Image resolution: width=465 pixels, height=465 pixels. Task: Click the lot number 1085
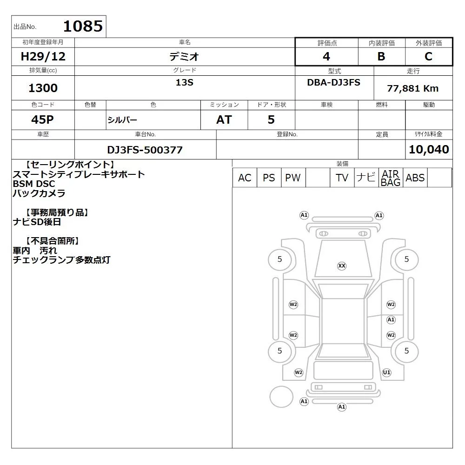click(83, 26)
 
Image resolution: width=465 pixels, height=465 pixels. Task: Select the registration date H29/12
click(43, 56)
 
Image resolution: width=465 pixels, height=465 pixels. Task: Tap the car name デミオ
click(184, 56)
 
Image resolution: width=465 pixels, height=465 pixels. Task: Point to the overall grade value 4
click(326, 56)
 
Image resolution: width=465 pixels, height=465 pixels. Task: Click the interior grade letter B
click(381, 56)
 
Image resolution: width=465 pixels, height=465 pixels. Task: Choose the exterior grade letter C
click(429, 56)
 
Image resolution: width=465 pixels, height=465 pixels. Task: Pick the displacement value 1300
click(43, 88)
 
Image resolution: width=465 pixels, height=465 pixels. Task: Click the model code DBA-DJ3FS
click(333, 82)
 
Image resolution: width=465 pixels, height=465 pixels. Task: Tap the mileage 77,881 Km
click(413, 88)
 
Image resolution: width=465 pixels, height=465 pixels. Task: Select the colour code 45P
click(43, 120)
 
